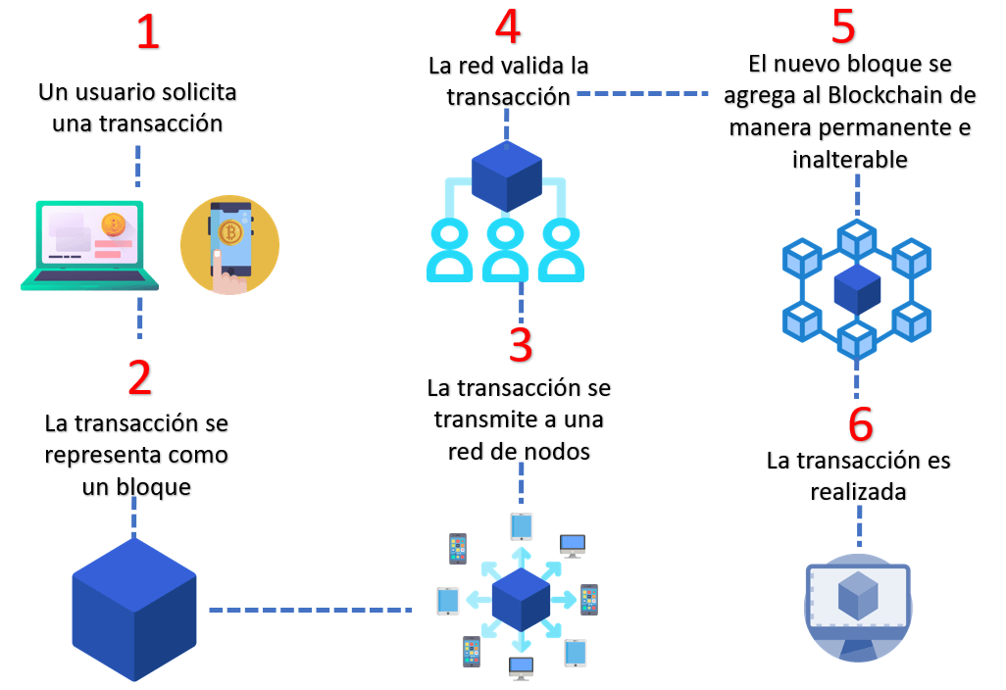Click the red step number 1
[147, 32]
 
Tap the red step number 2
[140, 378]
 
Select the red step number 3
[521, 346]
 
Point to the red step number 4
[507, 28]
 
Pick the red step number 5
[843, 28]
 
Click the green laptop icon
[89, 246]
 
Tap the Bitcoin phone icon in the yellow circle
[229, 245]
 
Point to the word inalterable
[849, 158]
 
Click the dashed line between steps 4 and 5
[642, 94]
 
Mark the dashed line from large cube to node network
[310, 610]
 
